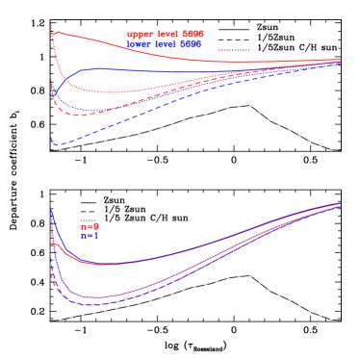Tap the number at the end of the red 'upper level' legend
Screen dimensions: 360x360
(193, 35)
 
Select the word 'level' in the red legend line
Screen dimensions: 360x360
(166, 35)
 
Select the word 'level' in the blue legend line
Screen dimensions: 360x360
(165, 44)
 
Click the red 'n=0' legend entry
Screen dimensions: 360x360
(90, 227)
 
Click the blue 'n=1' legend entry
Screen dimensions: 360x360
(89, 235)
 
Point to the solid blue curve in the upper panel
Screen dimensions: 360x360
(144, 70)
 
